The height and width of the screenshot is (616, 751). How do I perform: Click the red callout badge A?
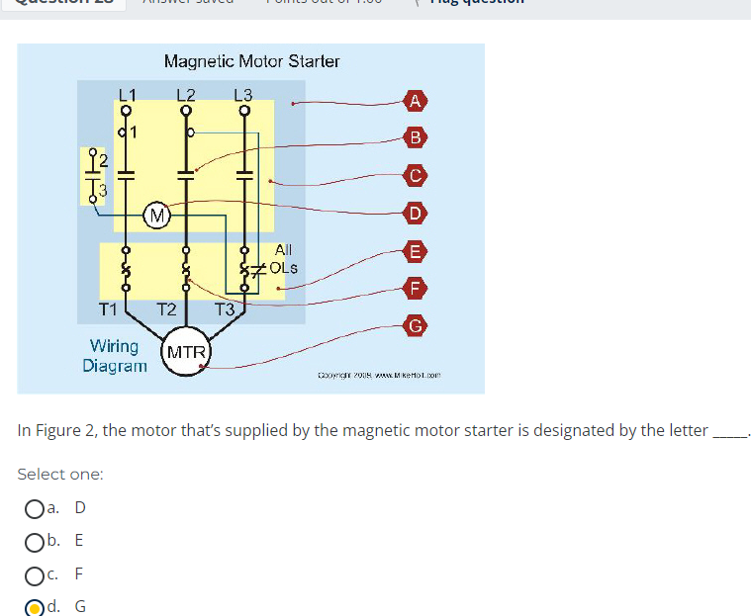pyautogui.click(x=417, y=100)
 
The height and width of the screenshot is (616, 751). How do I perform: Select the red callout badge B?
pyautogui.click(x=417, y=136)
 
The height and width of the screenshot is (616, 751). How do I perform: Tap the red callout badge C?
pyautogui.click(x=417, y=175)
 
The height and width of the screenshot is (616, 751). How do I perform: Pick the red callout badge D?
pyautogui.click(x=417, y=213)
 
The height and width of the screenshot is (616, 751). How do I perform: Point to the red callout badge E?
pyautogui.click(x=417, y=251)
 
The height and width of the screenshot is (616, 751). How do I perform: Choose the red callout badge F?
pyautogui.click(x=417, y=289)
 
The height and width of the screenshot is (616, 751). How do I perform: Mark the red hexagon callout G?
pyautogui.click(x=417, y=325)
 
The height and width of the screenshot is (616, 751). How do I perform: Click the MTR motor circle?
pyautogui.click(x=186, y=353)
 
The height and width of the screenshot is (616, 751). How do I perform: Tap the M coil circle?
pyautogui.click(x=155, y=214)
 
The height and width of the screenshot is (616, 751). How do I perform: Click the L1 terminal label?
pyautogui.click(x=128, y=94)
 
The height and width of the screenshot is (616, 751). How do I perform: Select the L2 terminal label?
pyautogui.click(x=186, y=94)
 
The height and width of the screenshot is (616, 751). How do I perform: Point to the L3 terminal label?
pyautogui.click(x=243, y=94)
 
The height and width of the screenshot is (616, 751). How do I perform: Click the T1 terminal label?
pyautogui.click(x=109, y=309)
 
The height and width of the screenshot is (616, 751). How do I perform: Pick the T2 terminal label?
pyautogui.click(x=166, y=309)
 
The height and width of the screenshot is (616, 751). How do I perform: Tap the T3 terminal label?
pyautogui.click(x=225, y=309)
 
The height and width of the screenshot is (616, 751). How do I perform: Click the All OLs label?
pyautogui.click(x=282, y=259)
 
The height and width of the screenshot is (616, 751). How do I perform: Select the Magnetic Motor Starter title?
pyautogui.click(x=251, y=61)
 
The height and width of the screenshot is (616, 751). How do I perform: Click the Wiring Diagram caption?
pyautogui.click(x=115, y=355)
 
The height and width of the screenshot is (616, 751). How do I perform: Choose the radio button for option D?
pyautogui.click(x=34, y=508)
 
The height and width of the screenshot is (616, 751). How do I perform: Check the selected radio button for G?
pyautogui.click(x=34, y=606)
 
